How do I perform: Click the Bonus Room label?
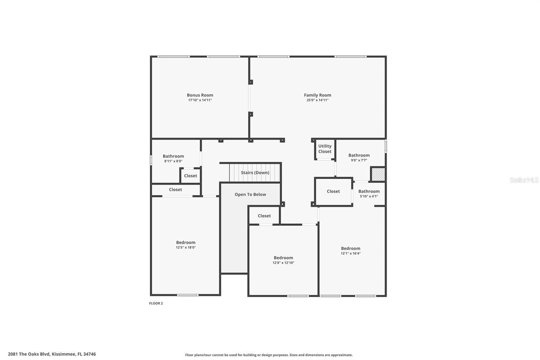pyautogui.click(x=200, y=95)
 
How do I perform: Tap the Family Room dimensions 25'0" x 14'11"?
pyautogui.click(x=317, y=100)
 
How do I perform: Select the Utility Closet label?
pyautogui.click(x=325, y=149)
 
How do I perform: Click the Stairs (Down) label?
pyautogui.click(x=255, y=173)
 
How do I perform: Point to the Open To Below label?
pyautogui.click(x=250, y=195)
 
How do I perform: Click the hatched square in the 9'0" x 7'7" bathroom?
pyautogui.click(x=378, y=174)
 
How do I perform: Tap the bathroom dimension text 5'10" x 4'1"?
pyautogui.click(x=369, y=196)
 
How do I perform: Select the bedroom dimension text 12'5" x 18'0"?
pyautogui.click(x=186, y=248)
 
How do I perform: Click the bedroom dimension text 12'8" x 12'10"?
pyautogui.click(x=283, y=263)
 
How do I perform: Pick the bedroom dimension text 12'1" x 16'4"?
pyautogui.click(x=350, y=253)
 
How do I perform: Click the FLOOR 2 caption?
pyautogui.click(x=156, y=303)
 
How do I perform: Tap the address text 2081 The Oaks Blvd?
pyautogui.click(x=29, y=354)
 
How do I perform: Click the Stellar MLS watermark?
pyautogui.click(x=524, y=180)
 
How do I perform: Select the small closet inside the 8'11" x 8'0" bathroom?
pyautogui.click(x=190, y=176)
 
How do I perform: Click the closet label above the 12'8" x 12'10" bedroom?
pyautogui.click(x=264, y=216)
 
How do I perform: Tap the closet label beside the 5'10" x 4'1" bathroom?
pyautogui.click(x=333, y=191)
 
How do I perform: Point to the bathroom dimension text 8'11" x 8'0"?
pyautogui.click(x=173, y=161)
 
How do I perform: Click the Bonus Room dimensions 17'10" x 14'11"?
pyautogui.click(x=200, y=100)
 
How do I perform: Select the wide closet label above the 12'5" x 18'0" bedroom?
pyautogui.click(x=175, y=190)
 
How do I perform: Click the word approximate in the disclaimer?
pyautogui.click(x=342, y=355)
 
